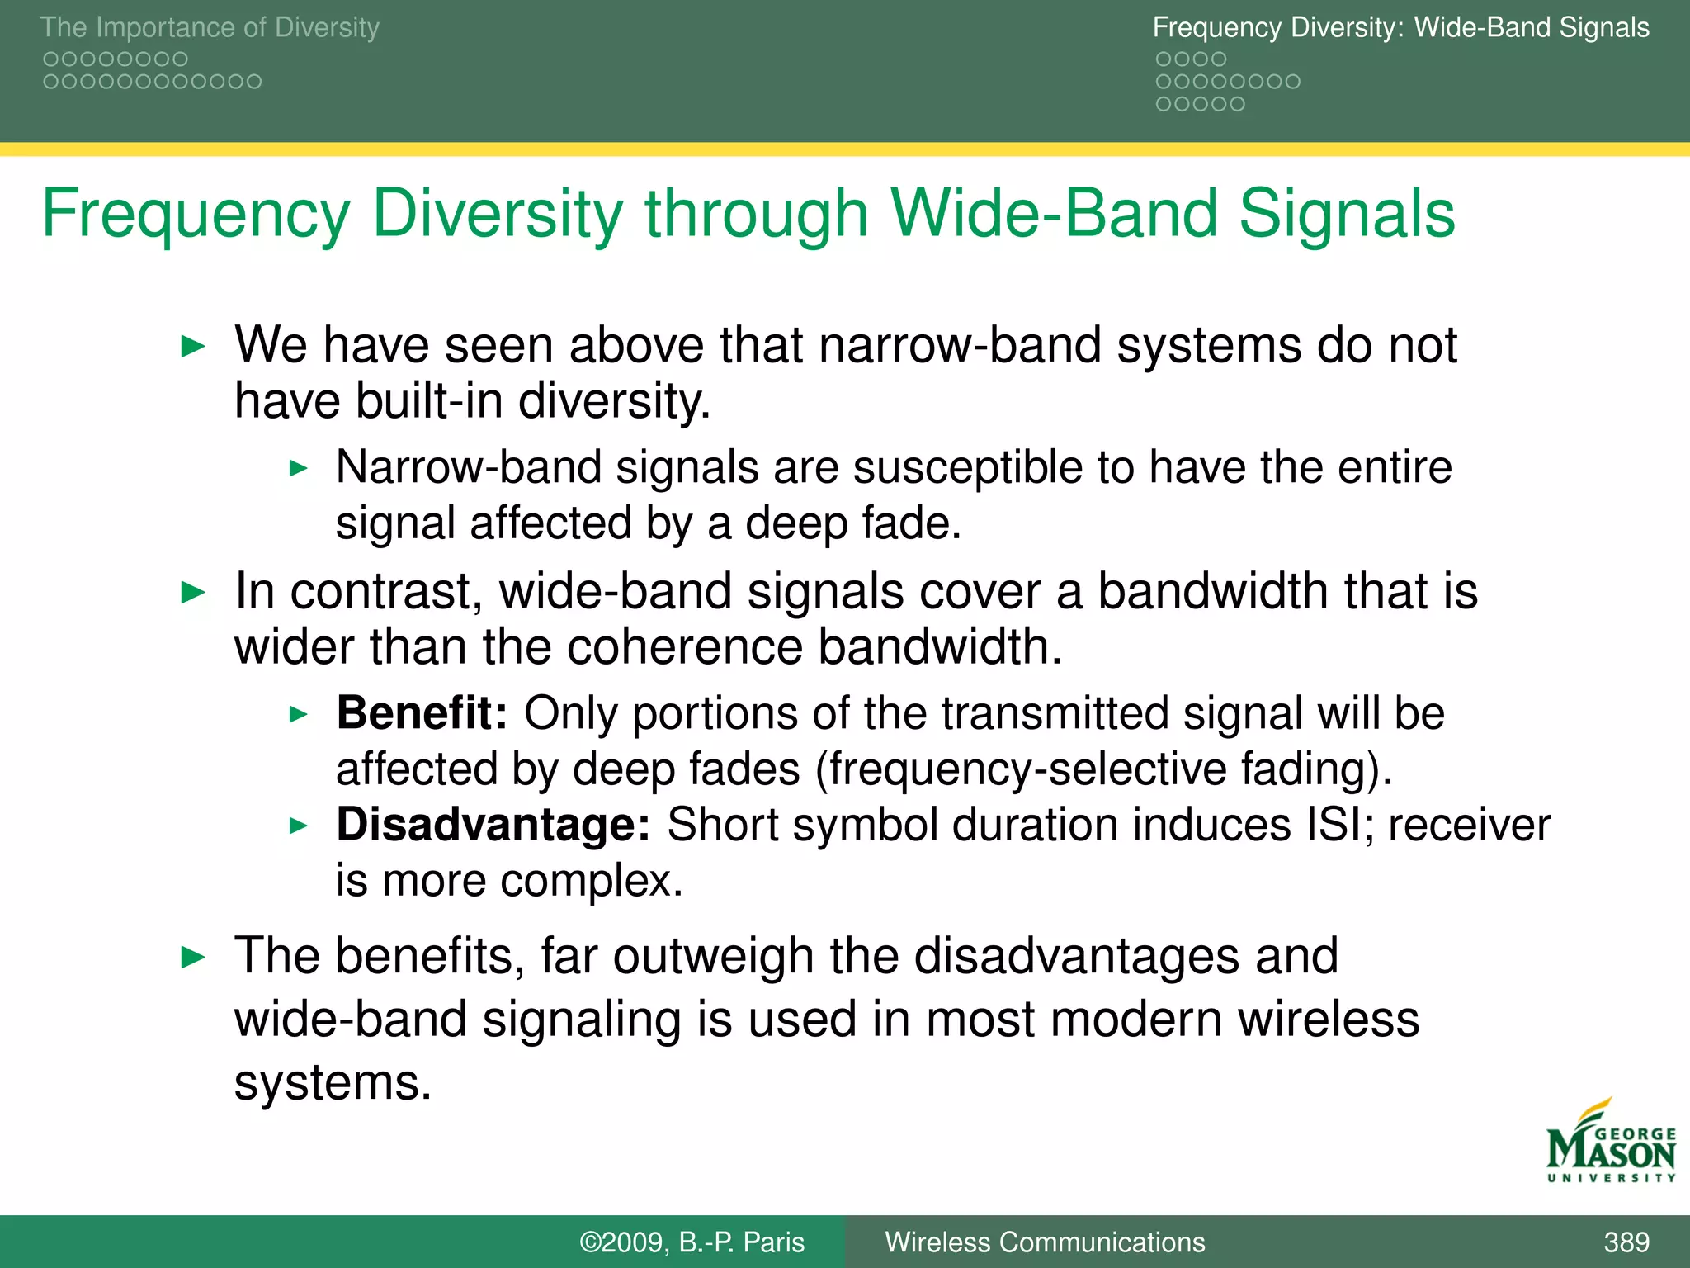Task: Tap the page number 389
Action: pos(1626,1242)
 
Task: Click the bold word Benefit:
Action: pos(422,713)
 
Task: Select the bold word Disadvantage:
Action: pos(493,825)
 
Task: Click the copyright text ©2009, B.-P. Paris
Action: pos(692,1242)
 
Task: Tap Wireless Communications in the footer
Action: pos(1045,1242)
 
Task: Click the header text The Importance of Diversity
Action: pos(210,27)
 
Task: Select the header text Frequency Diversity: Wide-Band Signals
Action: pos(1400,27)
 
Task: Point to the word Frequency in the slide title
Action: pos(196,214)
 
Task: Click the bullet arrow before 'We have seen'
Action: pos(192,346)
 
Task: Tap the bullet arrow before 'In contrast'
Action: pos(192,592)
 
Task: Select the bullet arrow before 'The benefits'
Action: pos(192,958)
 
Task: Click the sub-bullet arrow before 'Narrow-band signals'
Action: pos(299,469)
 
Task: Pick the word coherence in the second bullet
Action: pos(684,646)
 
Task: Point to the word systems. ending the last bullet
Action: pos(333,1082)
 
